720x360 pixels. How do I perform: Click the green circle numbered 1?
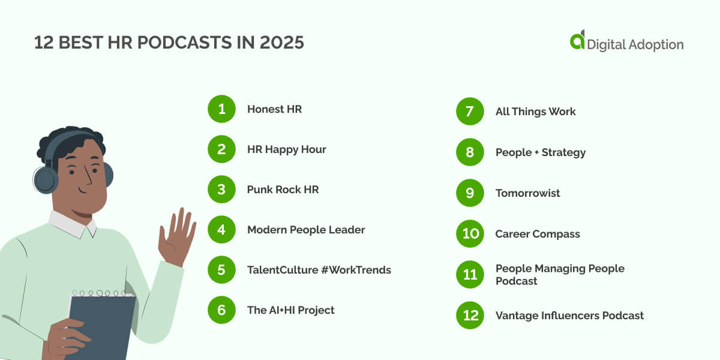coord(221,109)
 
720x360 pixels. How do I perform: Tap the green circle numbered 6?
coord(221,310)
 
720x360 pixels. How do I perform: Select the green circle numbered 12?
coord(470,316)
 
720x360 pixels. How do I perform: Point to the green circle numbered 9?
coord(470,193)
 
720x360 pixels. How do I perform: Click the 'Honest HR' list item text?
coord(274,109)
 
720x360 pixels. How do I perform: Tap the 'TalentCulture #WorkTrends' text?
coord(319,270)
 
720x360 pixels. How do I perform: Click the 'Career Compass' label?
coord(538,234)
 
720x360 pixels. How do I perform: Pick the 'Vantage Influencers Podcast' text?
coord(569,316)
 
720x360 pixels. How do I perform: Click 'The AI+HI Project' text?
coord(290,310)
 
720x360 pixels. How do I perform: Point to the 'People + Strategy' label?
coord(540,152)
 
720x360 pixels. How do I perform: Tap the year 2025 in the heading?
coord(282,43)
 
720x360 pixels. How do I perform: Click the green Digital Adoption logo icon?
coord(577,40)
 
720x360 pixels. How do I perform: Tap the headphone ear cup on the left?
coord(46,179)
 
